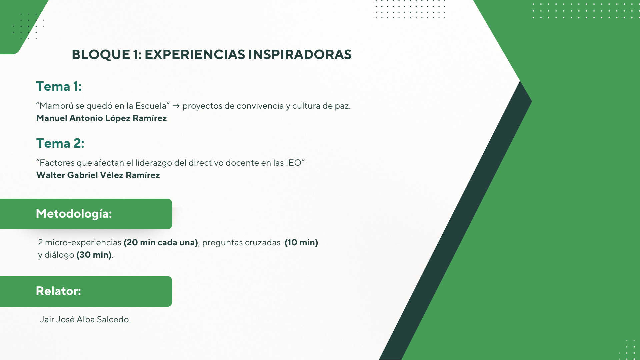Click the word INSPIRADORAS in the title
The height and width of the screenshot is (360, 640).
click(x=300, y=55)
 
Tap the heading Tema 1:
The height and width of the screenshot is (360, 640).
click(x=59, y=86)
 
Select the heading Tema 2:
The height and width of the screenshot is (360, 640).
click(x=60, y=143)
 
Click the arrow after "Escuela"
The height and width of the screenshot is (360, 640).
click(x=176, y=106)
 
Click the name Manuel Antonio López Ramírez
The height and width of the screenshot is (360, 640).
click(x=101, y=118)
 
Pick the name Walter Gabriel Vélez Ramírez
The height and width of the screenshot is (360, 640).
click(x=98, y=175)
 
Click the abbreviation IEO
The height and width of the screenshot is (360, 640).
click(x=293, y=163)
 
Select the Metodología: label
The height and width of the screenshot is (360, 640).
click(x=74, y=214)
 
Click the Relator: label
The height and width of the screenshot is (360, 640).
click(x=58, y=291)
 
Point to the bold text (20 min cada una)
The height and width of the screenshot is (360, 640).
click(x=161, y=243)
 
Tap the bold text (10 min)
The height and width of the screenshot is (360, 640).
click(x=301, y=243)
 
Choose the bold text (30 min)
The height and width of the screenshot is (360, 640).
click(x=94, y=255)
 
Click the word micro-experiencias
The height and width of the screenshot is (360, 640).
click(x=83, y=243)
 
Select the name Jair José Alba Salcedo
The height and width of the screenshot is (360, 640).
click(x=85, y=319)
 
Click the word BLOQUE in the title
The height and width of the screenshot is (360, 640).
click(x=101, y=55)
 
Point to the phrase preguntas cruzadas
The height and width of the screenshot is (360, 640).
click(x=241, y=243)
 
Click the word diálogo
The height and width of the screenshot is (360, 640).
click(x=59, y=255)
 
